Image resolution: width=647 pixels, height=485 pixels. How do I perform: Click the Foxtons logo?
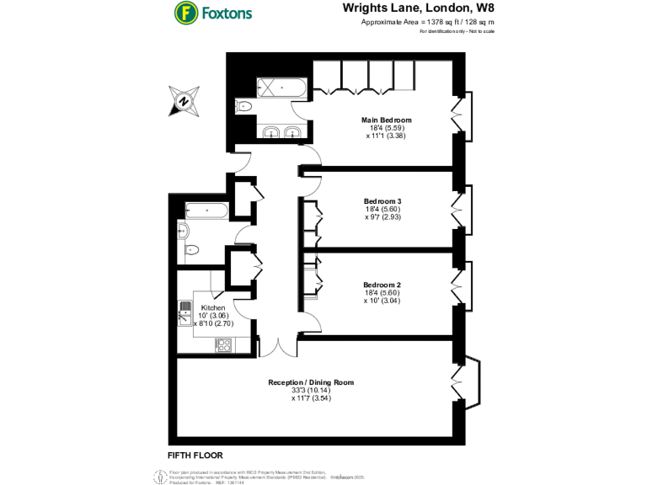point(212,13)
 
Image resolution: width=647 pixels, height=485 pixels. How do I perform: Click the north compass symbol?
point(182,100)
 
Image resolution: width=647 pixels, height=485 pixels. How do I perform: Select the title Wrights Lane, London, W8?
point(418,8)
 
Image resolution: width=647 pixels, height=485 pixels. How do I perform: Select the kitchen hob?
point(225,344)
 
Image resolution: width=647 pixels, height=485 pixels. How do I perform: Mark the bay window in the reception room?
point(470,383)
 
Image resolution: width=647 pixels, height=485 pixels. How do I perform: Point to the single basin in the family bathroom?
point(183,232)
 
